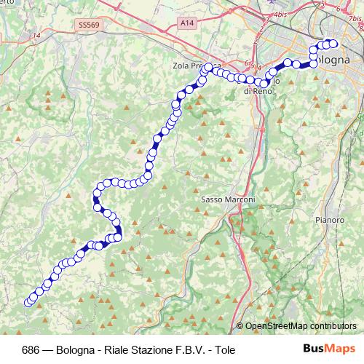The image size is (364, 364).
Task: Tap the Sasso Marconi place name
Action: (x=227, y=199)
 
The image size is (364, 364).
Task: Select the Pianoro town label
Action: (x=330, y=219)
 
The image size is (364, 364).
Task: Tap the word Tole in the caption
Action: (x=226, y=349)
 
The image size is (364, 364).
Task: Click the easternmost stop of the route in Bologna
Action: (x=334, y=44)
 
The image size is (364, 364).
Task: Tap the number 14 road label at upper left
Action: (x=36, y=34)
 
